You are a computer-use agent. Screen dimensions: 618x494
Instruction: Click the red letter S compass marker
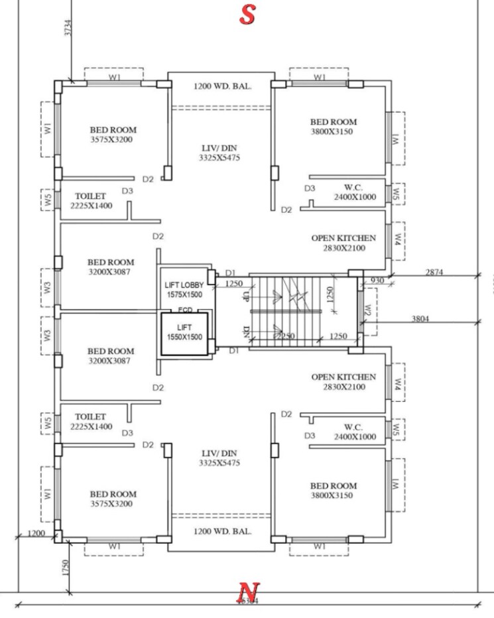click(247, 15)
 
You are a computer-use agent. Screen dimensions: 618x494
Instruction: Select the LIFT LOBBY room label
click(185, 285)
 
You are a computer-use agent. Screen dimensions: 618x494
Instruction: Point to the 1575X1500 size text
click(185, 294)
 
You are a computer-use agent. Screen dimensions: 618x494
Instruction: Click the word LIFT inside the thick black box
click(184, 328)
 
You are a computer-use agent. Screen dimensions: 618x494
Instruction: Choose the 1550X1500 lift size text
click(184, 338)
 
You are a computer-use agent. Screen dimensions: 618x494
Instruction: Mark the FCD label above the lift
click(185, 310)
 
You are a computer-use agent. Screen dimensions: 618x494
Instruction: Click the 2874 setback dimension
click(435, 273)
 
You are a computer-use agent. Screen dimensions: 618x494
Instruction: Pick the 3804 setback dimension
click(420, 319)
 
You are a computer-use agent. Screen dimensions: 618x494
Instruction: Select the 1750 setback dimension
click(64, 568)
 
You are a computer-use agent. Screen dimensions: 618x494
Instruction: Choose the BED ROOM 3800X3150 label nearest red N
click(333, 491)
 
